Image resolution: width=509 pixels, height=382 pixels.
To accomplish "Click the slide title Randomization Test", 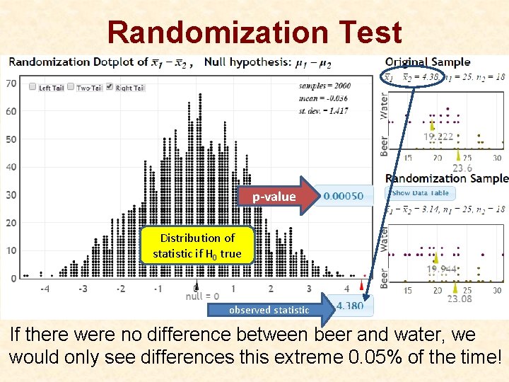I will tap(255, 33).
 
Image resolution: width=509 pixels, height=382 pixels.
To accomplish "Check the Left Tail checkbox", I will tap(33, 87).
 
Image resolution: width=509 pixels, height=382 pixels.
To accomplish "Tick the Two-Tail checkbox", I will tap(71, 87).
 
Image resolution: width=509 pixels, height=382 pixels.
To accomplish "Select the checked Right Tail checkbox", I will tap(109, 87).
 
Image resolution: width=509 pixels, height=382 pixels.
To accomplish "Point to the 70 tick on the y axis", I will tap(11, 83).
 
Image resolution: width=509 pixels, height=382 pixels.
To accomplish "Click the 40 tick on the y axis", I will tap(11, 167).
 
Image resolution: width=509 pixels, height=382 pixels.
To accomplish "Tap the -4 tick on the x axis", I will tap(45, 289).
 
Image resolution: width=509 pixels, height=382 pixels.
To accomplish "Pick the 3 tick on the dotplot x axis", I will tap(308, 289).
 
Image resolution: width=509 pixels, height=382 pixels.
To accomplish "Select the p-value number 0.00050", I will tap(344, 196).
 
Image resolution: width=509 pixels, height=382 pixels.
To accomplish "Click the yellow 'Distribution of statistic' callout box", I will tap(197, 245).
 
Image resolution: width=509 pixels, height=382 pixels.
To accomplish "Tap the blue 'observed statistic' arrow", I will tap(272, 310).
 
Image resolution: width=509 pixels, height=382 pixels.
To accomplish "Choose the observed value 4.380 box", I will tap(350, 306).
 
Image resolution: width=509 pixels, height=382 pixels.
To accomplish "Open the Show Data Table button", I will tap(420, 192).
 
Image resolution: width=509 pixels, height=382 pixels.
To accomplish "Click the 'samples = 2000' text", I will tap(324, 86).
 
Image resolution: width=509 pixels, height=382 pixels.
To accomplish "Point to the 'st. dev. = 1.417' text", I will tap(324, 111).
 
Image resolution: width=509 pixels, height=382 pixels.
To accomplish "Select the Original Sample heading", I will tap(427, 62).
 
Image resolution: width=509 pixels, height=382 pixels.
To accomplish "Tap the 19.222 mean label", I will tap(438, 137).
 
